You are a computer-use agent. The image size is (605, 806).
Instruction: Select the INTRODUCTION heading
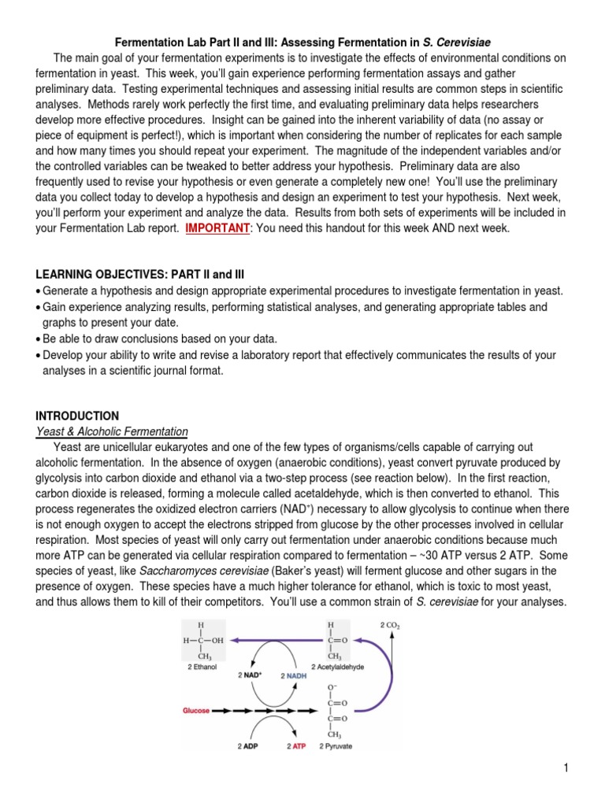point(77,416)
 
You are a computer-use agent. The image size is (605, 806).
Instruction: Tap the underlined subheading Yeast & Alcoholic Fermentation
point(112,431)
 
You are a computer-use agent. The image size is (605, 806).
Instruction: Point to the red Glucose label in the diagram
point(196,710)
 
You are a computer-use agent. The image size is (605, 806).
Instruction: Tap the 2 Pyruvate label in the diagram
point(336,745)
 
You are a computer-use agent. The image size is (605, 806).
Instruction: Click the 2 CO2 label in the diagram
point(391,626)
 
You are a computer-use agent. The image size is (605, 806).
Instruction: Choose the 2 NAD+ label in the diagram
point(251,675)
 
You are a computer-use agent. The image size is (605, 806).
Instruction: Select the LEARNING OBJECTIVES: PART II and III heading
point(140,274)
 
